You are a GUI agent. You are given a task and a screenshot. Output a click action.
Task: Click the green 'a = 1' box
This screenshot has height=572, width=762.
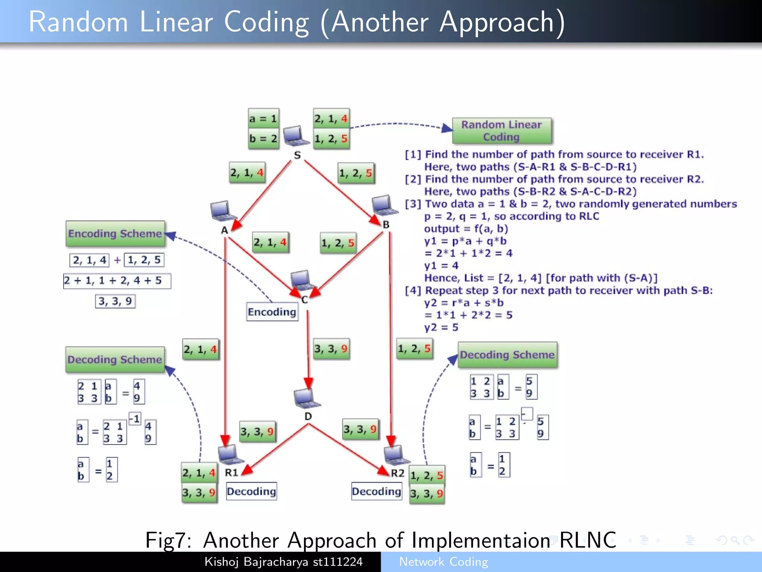(x=263, y=119)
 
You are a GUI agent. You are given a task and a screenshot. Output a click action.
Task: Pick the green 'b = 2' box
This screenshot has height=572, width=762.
(x=263, y=139)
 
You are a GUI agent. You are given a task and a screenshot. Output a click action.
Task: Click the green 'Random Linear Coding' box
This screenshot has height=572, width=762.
(x=502, y=131)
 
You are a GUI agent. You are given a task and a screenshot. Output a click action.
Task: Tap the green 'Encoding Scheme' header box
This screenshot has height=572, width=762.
(x=115, y=233)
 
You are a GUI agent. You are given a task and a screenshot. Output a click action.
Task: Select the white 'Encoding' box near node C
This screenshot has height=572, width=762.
(x=272, y=312)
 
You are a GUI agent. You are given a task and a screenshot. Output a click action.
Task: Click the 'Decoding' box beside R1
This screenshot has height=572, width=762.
(x=252, y=492)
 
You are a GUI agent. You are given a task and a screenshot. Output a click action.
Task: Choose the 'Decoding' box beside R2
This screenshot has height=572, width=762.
(x=377, y=492)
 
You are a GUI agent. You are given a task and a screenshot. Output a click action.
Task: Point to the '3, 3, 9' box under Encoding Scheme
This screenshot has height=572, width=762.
(x=115, y=301)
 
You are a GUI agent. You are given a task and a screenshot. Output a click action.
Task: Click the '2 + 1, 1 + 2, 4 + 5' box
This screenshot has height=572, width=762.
(x=117, y=280)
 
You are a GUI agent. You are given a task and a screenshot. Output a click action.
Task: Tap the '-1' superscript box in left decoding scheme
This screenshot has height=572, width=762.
(x=135, y=419)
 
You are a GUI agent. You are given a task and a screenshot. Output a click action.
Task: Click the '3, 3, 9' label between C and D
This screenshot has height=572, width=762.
(x=331, y=349)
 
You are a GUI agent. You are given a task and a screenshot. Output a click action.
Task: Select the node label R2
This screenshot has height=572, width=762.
(x=397, y=473)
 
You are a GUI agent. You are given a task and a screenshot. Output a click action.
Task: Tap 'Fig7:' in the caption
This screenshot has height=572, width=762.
(x=168, y=540)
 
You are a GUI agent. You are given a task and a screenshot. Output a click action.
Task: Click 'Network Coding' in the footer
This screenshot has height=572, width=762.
(x=444, y=562)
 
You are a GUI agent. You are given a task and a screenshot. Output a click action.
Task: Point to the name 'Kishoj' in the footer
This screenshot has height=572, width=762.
(x=222, y=562)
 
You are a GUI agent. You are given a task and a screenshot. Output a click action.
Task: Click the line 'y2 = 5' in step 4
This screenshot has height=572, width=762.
(x=441, y=327)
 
